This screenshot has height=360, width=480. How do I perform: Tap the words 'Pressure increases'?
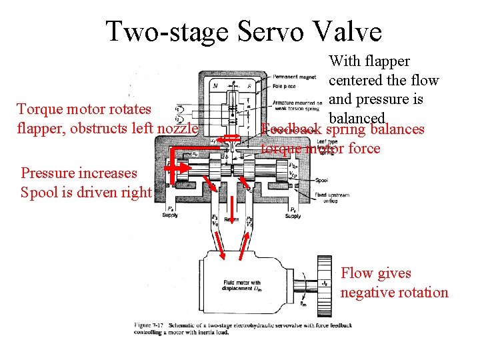point(79,173)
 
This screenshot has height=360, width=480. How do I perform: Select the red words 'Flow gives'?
point(376,273)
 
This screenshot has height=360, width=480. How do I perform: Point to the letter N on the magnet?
point(215,86)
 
